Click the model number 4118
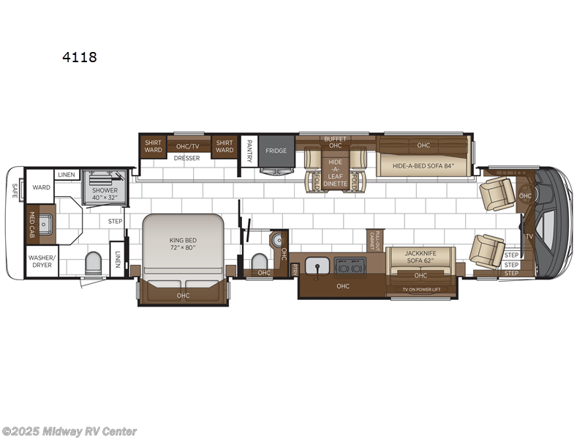tap(80, 56)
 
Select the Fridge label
tap(276, 151)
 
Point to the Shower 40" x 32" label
tap(104, 193)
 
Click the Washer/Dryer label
tap(41, 261)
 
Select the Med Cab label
tap(31, 225)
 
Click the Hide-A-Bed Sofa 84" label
tap(423, 165)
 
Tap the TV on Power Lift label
tap(420, 289)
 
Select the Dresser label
tap(187, 157)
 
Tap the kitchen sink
tap(317, 266)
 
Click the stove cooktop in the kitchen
tap(346, 266)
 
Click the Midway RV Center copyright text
tap(69, 432)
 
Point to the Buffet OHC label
tap(336, 141)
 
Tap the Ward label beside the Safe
tap(42, 187)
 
